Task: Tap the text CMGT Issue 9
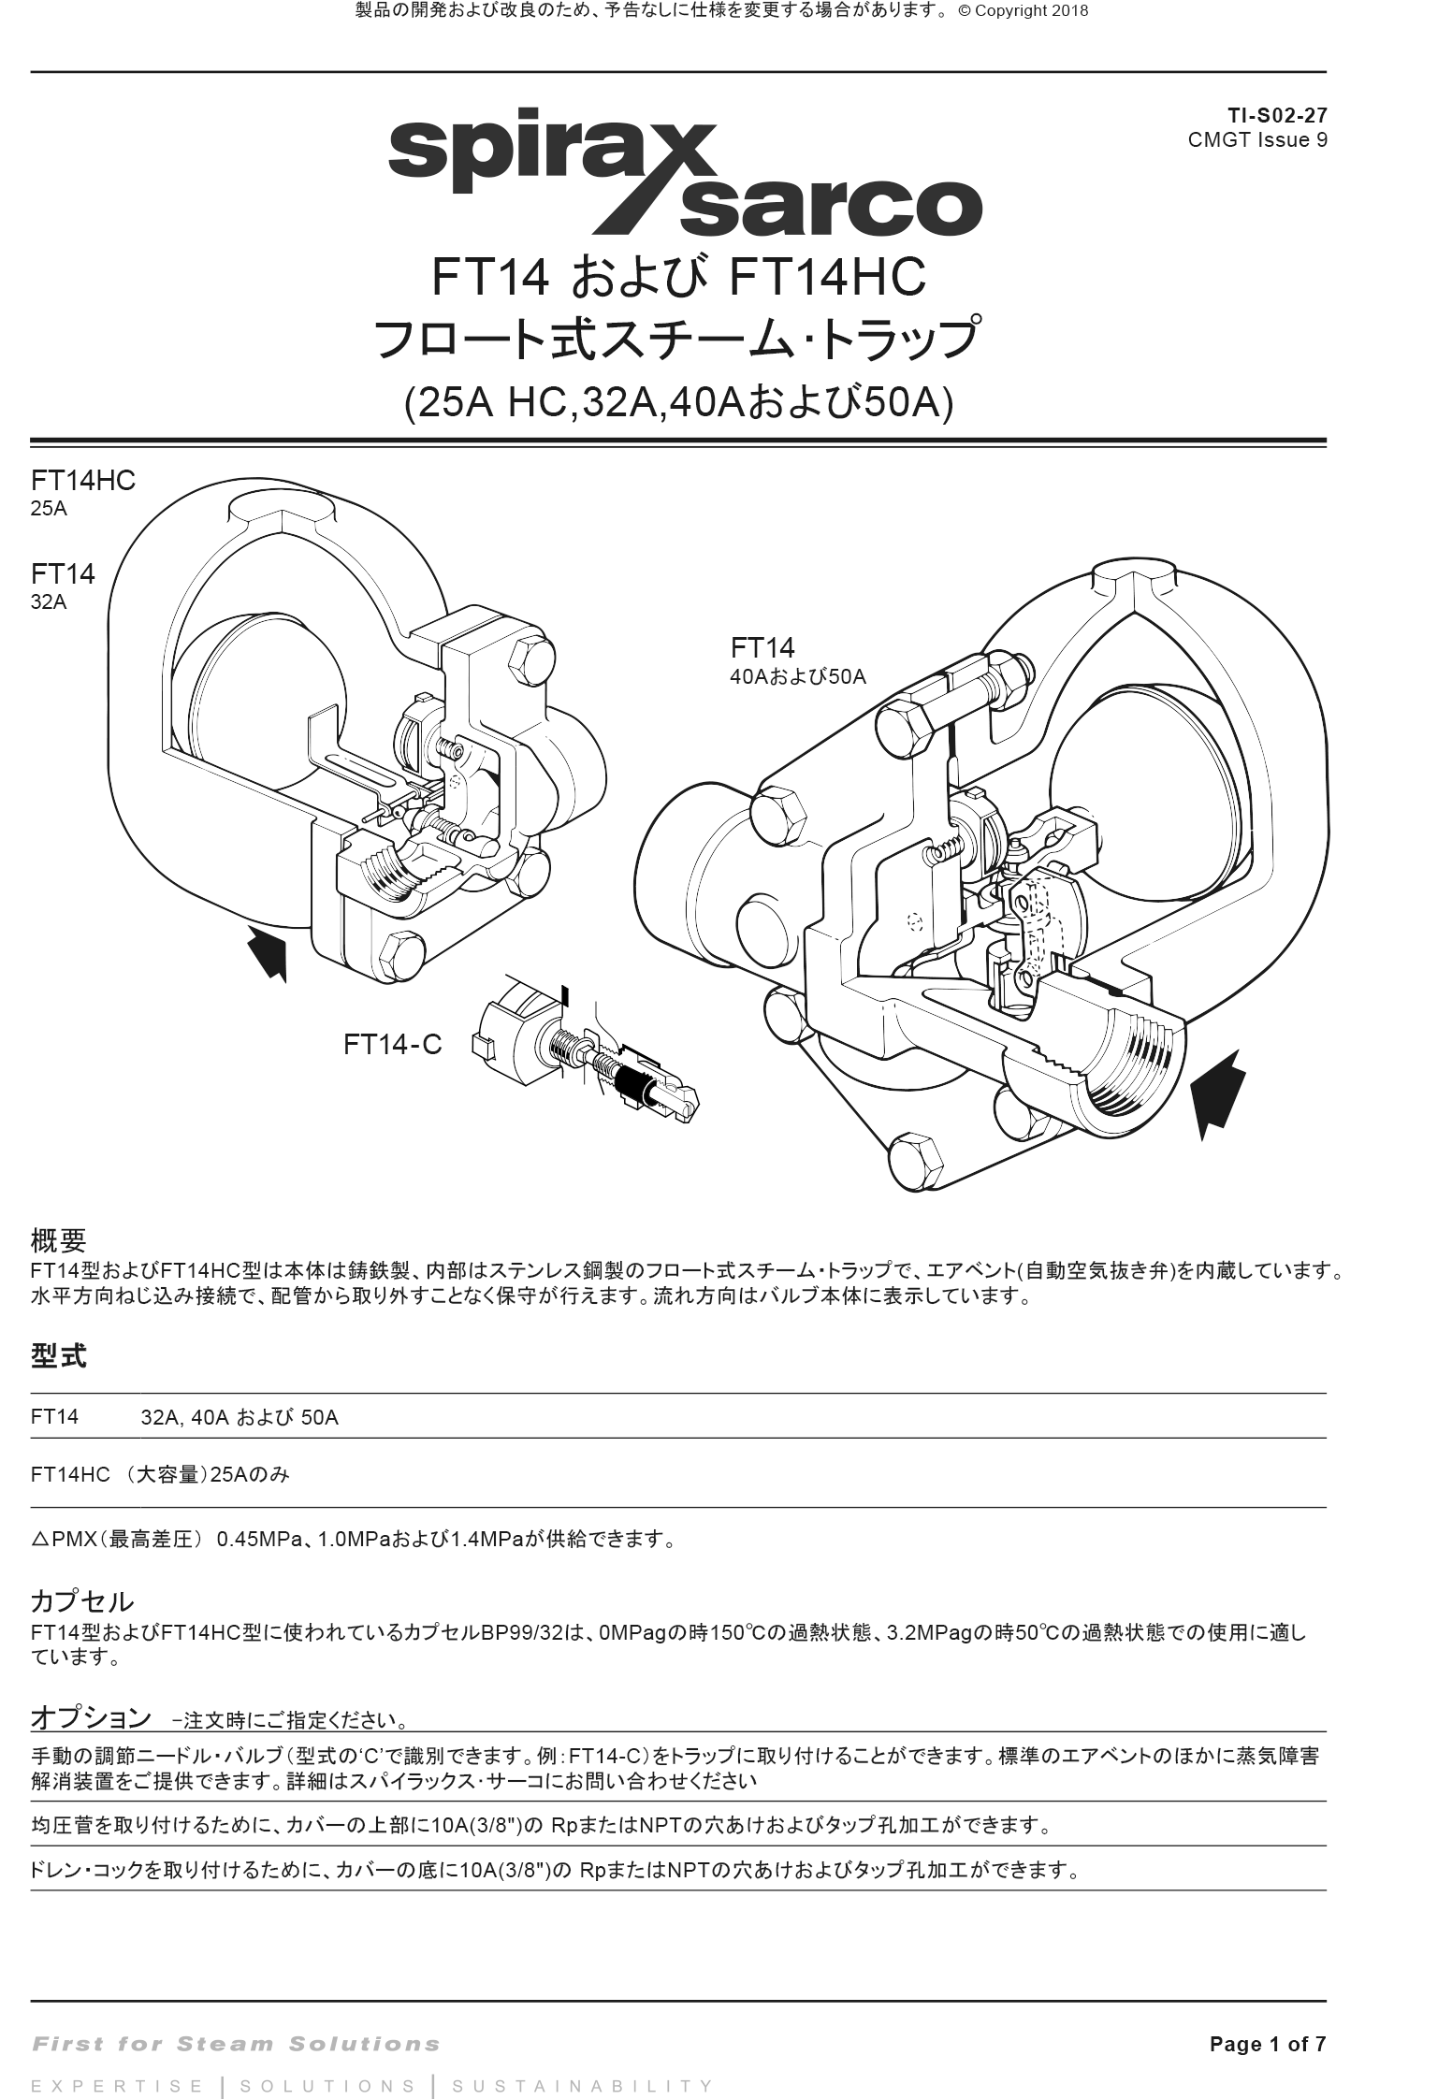[1256, 140]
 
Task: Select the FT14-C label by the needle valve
[392, 1045]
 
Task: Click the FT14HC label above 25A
[83, 481]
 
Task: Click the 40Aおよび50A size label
[797, 678]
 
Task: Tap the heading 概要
[58, 1241]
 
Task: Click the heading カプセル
[82, 1602]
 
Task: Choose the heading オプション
[91, 1717]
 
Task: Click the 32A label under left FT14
[49, 602]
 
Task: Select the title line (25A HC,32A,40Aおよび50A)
[678, 403]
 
